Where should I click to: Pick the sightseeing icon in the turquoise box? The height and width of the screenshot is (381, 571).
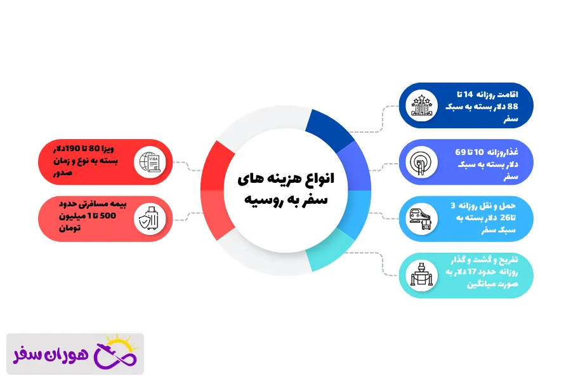point(421,274)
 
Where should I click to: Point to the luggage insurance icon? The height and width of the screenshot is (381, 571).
point(150,218)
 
